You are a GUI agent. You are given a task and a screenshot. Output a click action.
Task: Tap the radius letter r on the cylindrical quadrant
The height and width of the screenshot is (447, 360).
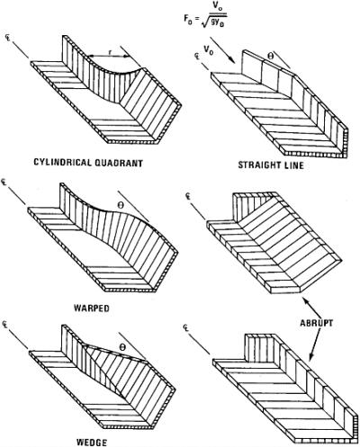(x=110, y=53)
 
